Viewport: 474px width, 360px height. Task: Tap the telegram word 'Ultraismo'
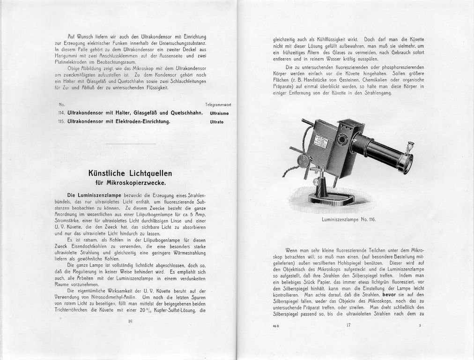[219, 113]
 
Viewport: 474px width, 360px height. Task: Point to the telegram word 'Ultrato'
[216, 122]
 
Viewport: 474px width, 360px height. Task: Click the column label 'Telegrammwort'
[218, 104]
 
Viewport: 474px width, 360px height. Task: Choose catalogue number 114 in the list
[61, 113]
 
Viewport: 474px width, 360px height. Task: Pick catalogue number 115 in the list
[61, 122]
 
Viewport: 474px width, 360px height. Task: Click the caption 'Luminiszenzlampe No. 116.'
[348, 219]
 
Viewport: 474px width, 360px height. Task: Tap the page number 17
[348, 325]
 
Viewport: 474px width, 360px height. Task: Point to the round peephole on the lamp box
[342, 139]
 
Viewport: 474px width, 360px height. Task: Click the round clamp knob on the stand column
[316, 181]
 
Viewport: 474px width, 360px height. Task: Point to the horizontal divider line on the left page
[130, 143]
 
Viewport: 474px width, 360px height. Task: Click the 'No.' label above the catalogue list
[62, 104]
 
